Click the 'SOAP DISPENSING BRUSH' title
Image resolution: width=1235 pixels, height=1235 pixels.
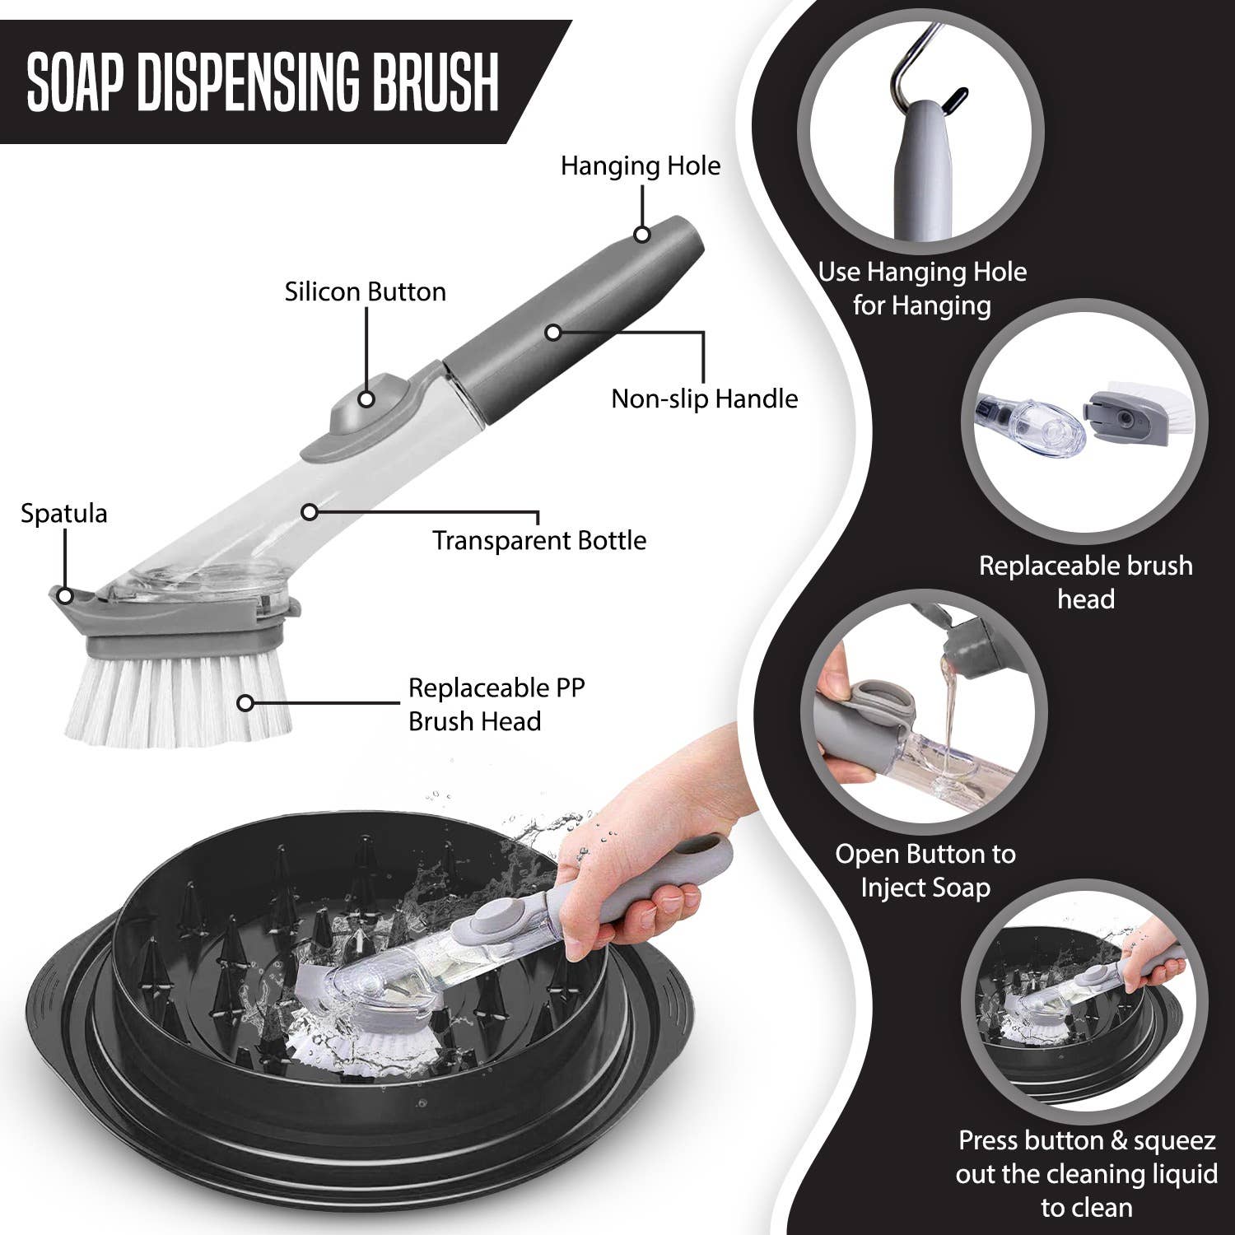tap(263, 82)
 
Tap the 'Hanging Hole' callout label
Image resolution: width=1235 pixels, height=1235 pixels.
tap(640, 166)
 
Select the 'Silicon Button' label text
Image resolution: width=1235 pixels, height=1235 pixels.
tap(365, 292)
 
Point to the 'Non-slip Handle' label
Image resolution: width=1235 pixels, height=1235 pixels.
tap(704, 399)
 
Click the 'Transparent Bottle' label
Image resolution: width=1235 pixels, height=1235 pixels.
tap(539, 541)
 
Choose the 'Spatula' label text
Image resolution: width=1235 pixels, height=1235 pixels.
tap(63, 514)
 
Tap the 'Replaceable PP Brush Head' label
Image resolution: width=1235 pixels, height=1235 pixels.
tap(496, 705)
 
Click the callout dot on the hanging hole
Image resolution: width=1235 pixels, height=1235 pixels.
tap(642, 235)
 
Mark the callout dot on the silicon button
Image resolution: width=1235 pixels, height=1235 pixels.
tap(366, 399)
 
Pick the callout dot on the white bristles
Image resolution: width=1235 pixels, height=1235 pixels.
tap(245, 703)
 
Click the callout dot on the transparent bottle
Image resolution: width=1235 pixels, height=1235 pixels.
tap(309, 512)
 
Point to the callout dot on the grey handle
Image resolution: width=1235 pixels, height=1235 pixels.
tap(553, 332)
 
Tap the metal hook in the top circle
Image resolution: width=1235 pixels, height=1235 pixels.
tap(914, 66)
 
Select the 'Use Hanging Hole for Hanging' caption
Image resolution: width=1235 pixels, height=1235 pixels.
tap(922, 289)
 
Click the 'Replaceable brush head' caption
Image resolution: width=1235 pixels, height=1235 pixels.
tap(1085, 582)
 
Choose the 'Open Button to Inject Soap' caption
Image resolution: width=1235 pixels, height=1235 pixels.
tap(925, 871)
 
